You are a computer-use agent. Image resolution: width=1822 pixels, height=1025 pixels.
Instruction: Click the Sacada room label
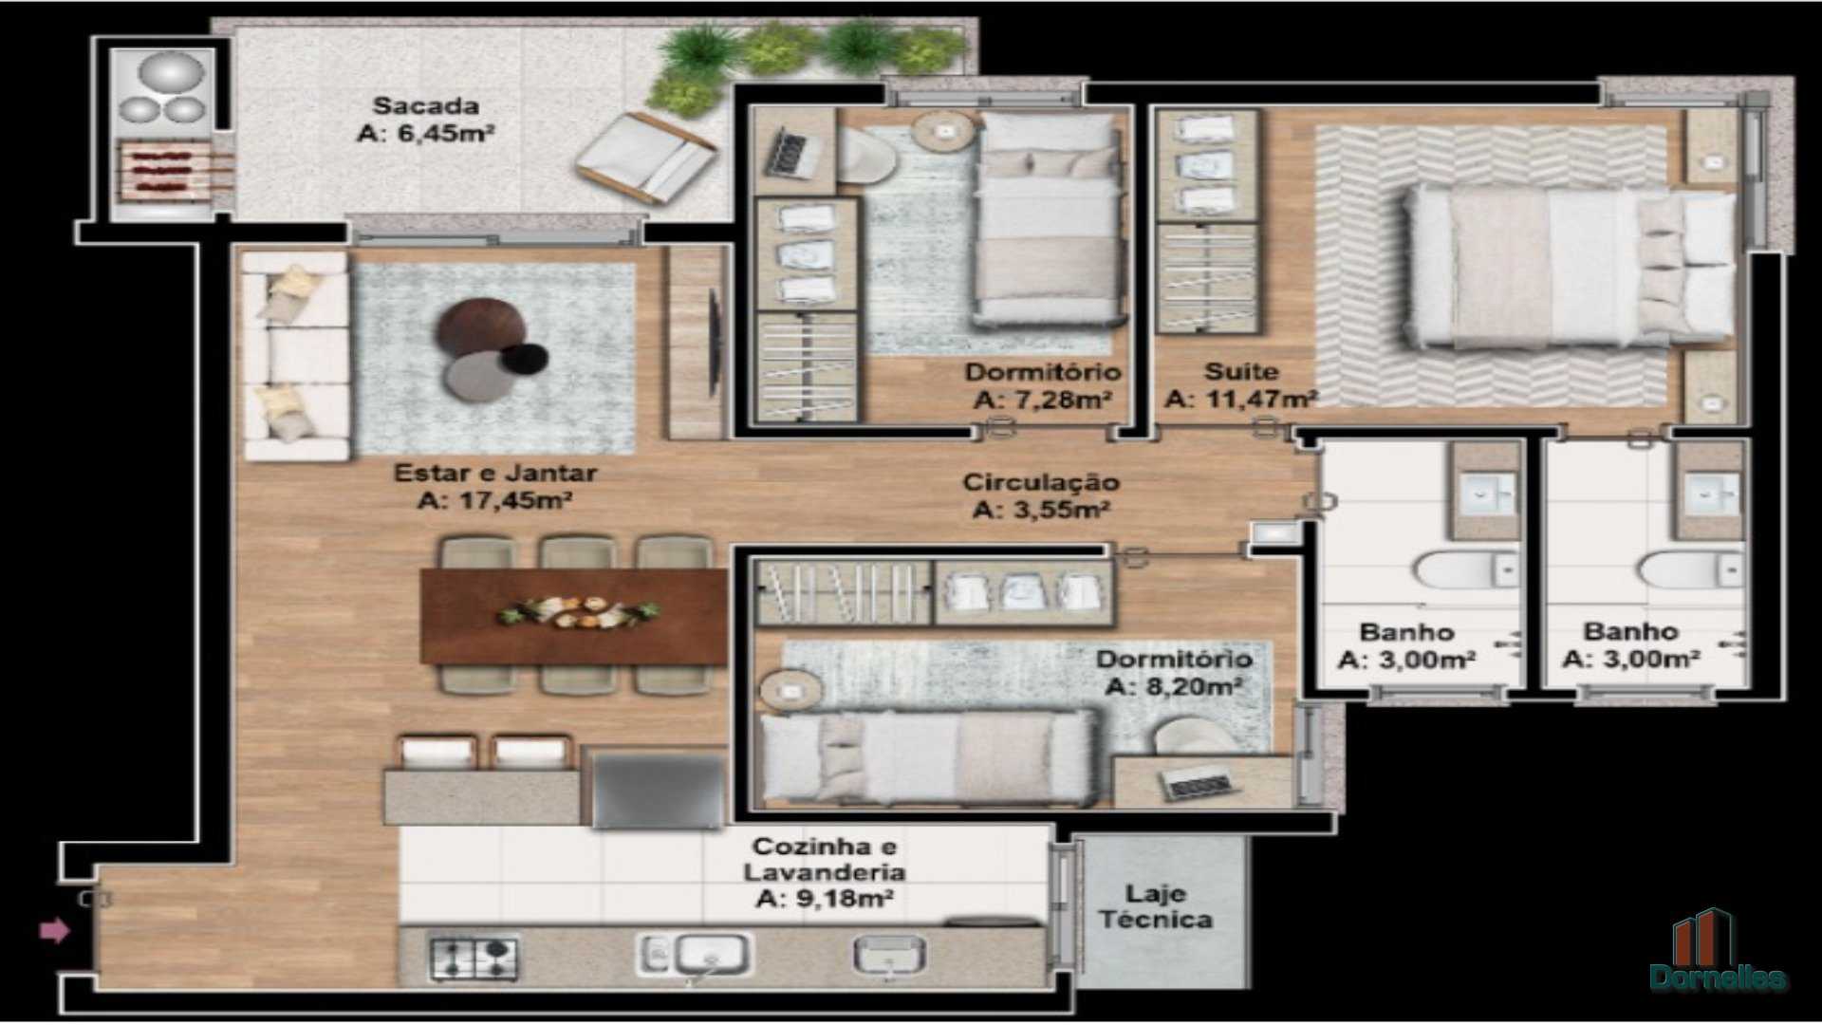(425, 106)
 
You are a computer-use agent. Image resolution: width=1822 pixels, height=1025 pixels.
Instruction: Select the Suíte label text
(1241, 371)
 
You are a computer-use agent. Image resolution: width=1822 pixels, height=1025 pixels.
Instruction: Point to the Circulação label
(1041, 482)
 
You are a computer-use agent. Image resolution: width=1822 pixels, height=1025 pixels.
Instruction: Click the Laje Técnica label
(1156, 906)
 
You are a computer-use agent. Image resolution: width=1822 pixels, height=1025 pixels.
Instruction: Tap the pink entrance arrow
(55, 930)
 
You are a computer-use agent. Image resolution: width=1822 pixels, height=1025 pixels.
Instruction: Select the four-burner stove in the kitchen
(474, 958)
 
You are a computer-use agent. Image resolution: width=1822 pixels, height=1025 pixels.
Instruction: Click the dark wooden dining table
(574, 616)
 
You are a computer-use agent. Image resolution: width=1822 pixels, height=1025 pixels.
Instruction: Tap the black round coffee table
(525, 358)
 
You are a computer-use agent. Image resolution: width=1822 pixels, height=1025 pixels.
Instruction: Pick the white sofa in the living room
(295, 356)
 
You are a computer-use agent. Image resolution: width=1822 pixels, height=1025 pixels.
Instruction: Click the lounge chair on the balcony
(645, 158)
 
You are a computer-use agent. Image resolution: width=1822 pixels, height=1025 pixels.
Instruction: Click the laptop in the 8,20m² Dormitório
(1199, 783)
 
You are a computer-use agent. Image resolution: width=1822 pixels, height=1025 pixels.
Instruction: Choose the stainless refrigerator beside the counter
(655, 788)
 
